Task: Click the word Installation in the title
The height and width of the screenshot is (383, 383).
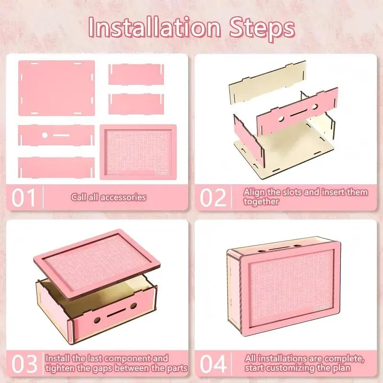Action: click(154, 27)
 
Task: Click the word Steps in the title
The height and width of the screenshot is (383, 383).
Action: click(262, 29)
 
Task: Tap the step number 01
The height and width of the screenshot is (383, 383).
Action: click(23, 197)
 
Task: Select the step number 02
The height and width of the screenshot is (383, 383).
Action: click(213, 197)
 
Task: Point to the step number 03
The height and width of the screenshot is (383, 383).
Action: click(24, 364)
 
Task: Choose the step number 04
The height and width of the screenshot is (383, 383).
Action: click(213, 364)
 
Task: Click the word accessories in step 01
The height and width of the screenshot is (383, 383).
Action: click(124, 197)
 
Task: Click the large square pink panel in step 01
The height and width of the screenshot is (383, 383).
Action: click(56, 88)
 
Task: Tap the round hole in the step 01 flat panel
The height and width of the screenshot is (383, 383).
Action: click(45, 135)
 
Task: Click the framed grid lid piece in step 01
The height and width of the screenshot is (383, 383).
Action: click(138, 152)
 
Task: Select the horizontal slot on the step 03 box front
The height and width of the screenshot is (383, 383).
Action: click(116, 313)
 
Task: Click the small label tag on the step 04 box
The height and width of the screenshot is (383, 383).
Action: click(322, 307)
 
